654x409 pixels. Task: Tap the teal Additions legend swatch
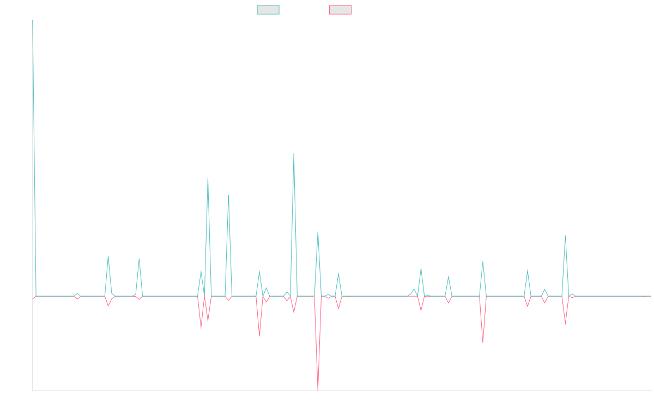tap(268, 10)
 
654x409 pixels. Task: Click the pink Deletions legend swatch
tap(340, 10)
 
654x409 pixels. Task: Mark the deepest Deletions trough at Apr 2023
tap(318, 388)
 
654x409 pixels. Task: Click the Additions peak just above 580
tap(294, 154)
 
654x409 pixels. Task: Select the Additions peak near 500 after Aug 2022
tap(208, 178)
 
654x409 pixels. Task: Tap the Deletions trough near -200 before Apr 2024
tap(483, 342)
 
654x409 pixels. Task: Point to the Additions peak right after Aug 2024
tap(565, 236)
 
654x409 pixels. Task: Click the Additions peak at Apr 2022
tap(139, 260)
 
